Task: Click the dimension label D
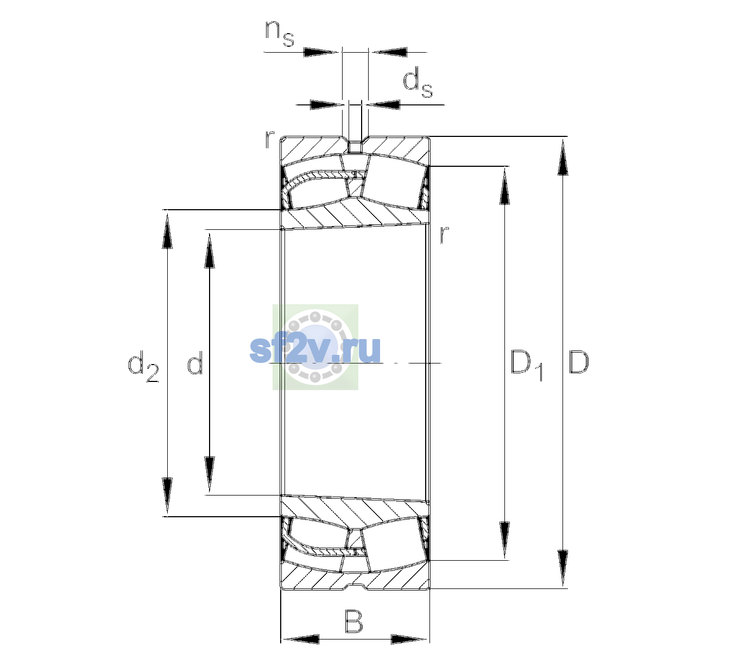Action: (578, 362)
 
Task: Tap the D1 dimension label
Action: (527, 365)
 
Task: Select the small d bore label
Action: (195, 362)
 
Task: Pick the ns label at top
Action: (279, 33)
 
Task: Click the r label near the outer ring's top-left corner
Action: (269, 140)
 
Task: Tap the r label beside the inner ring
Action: (444, 234)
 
